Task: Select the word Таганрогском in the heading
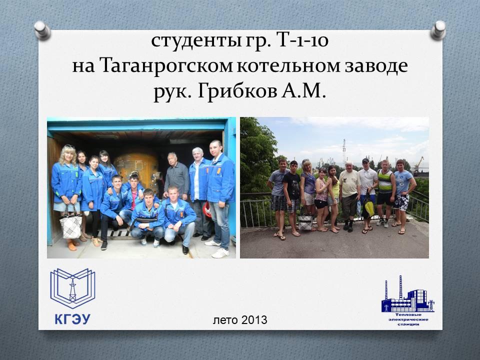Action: [166, 66]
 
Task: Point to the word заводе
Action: [376, 66]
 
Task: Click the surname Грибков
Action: [236, 91]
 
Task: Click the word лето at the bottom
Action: [225, 320]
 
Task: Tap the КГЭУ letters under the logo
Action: [73, 319]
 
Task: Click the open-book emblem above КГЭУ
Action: [72, 288]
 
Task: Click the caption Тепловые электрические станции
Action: [408, 319]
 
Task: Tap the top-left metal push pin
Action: [42, 30]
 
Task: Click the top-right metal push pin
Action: [438, 30]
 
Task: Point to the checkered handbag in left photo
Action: [70, 225]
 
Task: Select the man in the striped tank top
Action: [385, 193]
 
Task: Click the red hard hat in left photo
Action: [208, 209]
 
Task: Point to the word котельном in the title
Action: [288, 66]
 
